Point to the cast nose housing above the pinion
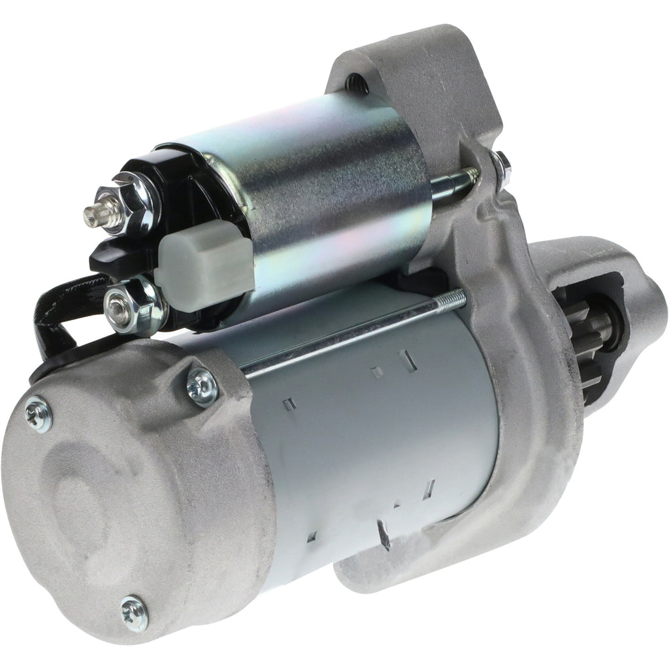(x=575, y=268)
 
